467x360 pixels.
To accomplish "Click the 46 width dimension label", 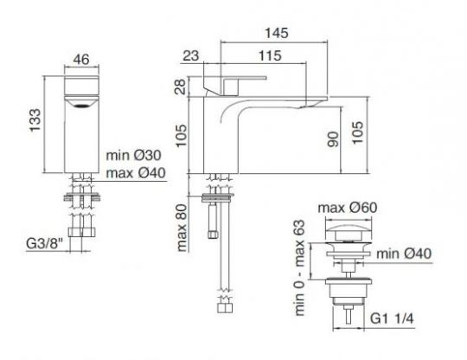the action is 81,60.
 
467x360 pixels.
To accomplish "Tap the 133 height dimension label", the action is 35,120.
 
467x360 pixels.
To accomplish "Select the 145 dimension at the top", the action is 277,33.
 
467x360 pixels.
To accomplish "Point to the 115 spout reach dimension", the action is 270,55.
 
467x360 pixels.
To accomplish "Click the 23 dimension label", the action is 190,55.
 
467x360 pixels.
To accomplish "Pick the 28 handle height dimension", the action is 181,87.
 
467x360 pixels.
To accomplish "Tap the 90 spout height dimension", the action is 333,139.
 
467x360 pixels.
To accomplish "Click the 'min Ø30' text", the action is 134,155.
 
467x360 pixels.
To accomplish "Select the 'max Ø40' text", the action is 136,173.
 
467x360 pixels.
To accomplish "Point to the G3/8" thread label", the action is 45,243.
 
